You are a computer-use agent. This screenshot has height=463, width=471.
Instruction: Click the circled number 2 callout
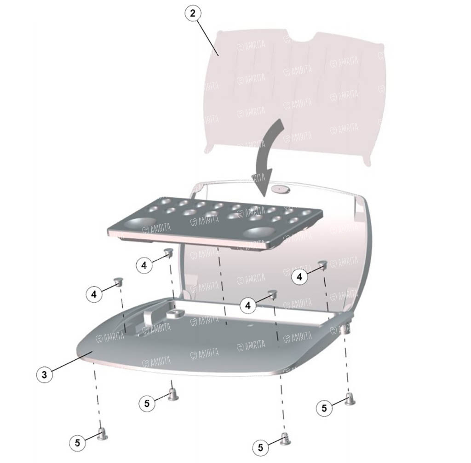coord(193,13)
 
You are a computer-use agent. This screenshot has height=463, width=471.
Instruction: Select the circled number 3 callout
coord(45,375)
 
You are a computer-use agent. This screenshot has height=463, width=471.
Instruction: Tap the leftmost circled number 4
coord(94,294)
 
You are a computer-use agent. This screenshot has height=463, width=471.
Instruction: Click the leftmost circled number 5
coord(77,443)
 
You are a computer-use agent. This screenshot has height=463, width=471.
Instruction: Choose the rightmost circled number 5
coord(324,408)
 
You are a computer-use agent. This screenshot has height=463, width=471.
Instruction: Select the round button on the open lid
coord(280,189)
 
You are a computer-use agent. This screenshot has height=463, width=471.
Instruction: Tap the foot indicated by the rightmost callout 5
coord(350,399)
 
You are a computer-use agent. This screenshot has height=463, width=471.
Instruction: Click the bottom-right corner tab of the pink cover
coord(367,161)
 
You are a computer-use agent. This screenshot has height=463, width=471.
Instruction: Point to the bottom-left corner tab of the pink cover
coord(208,150)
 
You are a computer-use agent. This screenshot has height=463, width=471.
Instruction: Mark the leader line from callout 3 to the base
coord(71,363)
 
